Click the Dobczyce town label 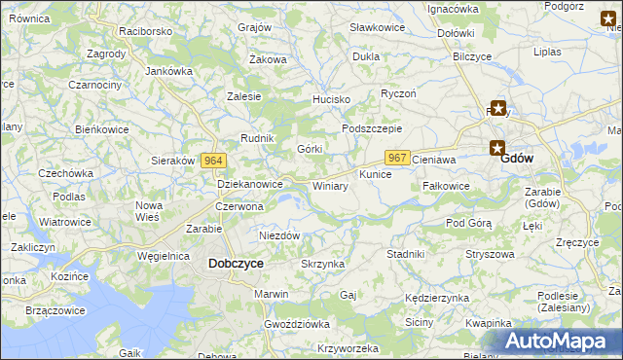coord(236,263)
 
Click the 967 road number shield coord(396,158)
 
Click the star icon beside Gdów coord(497,149)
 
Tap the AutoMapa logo coord(557,342)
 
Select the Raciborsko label coord(145,31)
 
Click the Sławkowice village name coord(377,27)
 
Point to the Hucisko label coord(330,100)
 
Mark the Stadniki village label coord(405,254)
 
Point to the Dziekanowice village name coord(249,183)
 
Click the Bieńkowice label coord(102,128)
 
